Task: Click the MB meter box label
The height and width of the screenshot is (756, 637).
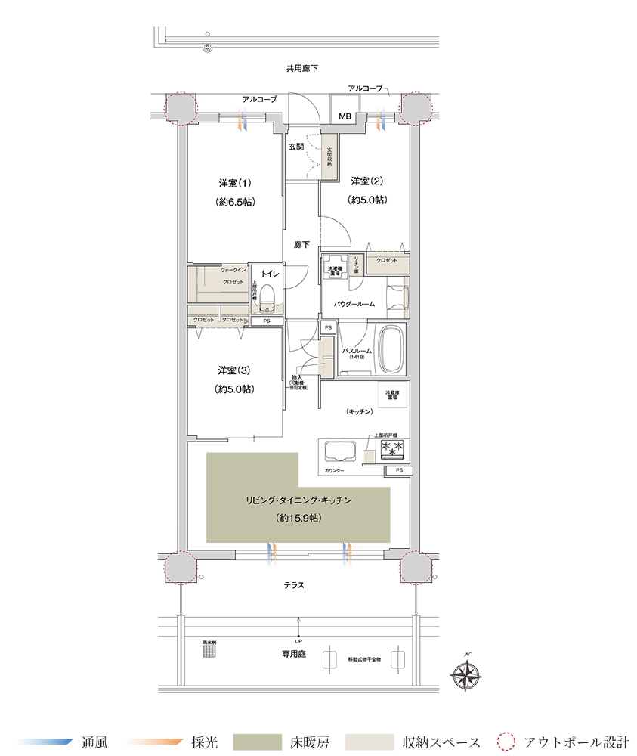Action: (345, 116)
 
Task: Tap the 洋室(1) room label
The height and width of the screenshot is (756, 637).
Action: (235, 183)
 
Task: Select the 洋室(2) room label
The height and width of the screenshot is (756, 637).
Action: (367, 181)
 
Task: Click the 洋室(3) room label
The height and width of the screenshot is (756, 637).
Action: (234, 370)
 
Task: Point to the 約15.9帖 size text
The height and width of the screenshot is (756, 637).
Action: (298, 519)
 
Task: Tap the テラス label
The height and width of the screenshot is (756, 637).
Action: (295, 584)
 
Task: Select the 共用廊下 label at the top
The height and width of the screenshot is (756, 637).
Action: (301, 69)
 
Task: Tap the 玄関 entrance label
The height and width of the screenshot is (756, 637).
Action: (296, 147)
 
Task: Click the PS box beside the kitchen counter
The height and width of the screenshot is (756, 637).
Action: (398, 471)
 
